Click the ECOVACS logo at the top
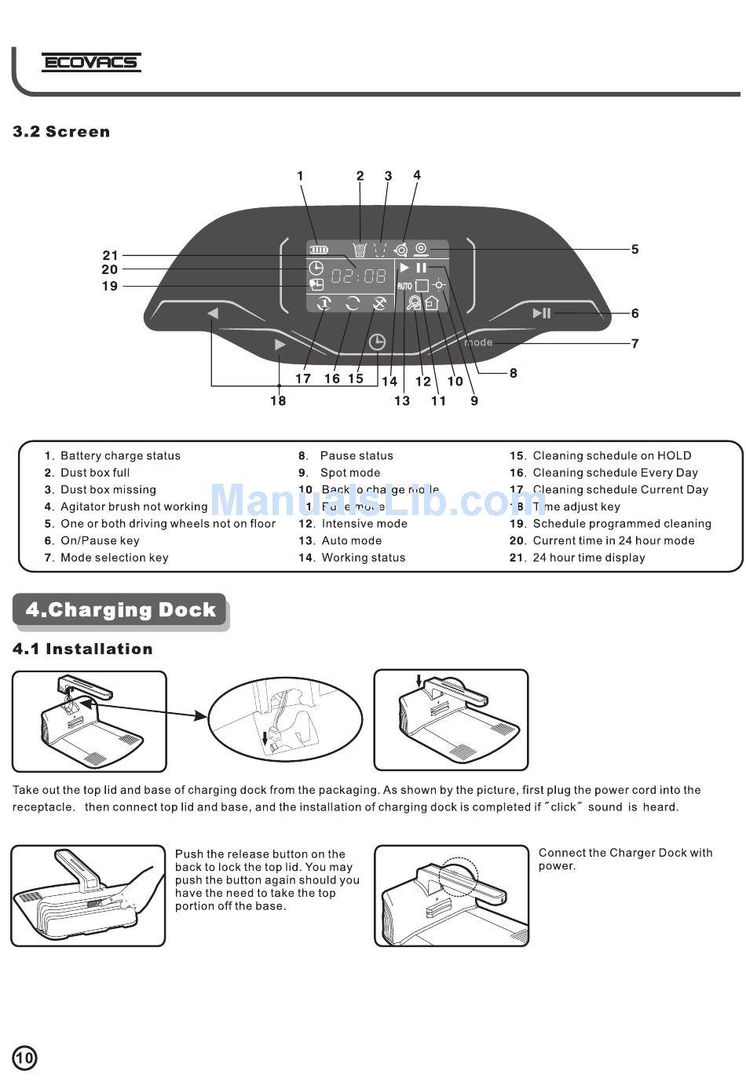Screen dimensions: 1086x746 coord(91,62)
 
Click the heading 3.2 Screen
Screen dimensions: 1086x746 coord(61,132)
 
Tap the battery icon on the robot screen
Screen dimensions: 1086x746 coord(318,250)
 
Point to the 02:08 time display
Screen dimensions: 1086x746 coord(358,276)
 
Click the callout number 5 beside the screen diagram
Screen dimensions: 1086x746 coord(634,250)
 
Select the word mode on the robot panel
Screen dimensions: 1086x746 coord(478,342)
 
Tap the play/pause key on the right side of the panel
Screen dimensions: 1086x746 coord(542,313)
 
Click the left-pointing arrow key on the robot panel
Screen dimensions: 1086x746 coord(213,313)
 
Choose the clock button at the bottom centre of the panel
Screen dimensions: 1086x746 coord(377,342)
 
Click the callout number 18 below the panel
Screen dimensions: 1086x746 coord(278,400)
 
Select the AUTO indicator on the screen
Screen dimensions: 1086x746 coord(404,286)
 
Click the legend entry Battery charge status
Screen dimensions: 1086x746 coord(120,455)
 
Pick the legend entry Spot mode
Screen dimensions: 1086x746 coord(350,473)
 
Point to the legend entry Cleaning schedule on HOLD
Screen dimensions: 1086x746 coord(612,455)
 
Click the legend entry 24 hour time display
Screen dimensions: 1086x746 coord(589,558)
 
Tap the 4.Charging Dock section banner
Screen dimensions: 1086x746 coord(120,610)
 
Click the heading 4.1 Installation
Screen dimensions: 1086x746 coord(82,649)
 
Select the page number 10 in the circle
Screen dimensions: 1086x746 coord(24,1058)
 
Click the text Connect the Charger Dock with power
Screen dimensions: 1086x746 coord(625,859)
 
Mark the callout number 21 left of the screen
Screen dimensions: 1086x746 coord(110,255)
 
